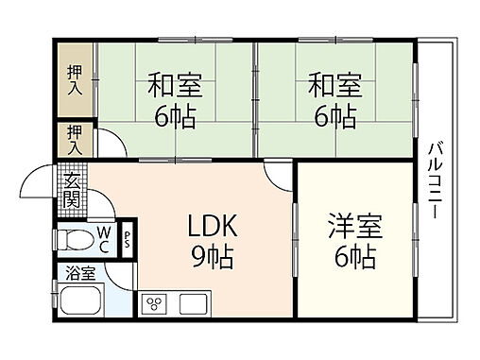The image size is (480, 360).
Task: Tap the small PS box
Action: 128,240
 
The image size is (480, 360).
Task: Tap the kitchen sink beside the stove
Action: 193,304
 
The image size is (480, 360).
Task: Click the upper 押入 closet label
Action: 74,79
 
